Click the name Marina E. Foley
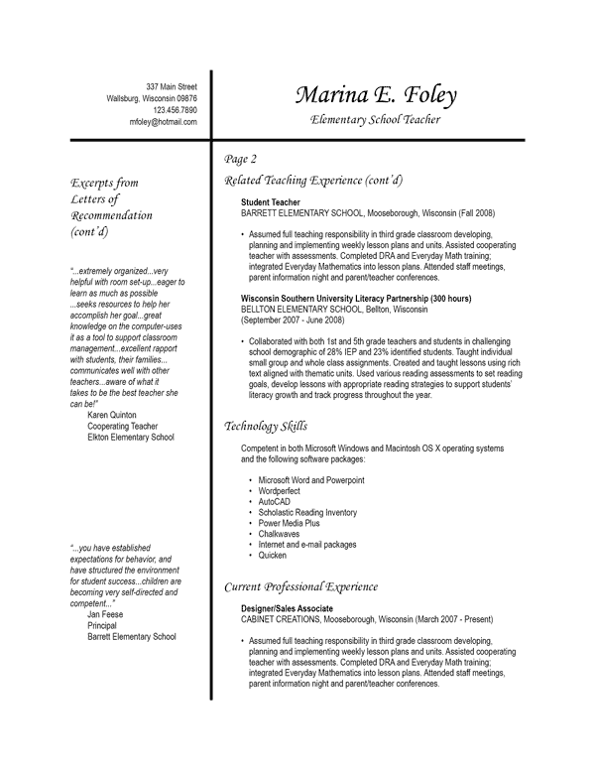[x=375, y=95]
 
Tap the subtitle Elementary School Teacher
[x=375, y=120]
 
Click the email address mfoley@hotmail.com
[x=163, y=122]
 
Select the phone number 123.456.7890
[x=175, y=110]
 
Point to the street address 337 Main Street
[x=171, y=86]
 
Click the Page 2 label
[x=241, y=159]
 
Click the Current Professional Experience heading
[x=300, y=585]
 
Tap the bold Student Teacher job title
[x=271, y=202]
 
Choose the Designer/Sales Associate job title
[x=287, y=607]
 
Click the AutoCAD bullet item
[x=276, y=502]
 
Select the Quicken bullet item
[x=274, y=556]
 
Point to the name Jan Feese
[x=105, y=614]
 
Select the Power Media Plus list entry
[x=290, y=523]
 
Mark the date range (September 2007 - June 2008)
[x=293, y=321]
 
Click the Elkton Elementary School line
[x=130, y=437]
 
